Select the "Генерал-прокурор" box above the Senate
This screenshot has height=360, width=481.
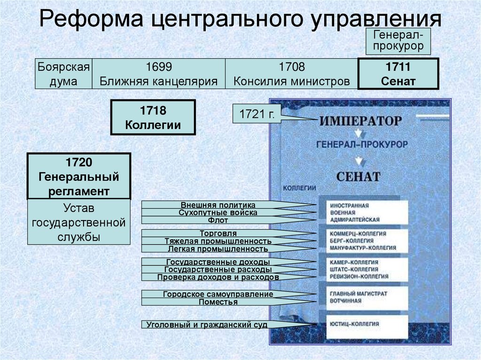(x=398, y=40)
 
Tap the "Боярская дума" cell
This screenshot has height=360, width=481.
(x=64, y=74)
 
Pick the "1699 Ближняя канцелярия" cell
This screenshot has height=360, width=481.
(x=158, y=74)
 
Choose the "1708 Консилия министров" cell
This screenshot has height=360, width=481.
(x=292, y=74)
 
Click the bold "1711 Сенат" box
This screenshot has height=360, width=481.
(x=398, y=74)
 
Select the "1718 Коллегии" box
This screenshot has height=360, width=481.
(x=153, y=118)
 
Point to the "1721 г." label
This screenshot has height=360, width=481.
(x=256, y=114)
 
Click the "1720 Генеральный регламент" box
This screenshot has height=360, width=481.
(x=78, y=176)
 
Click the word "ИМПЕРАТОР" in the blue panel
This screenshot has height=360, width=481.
(x=361, y=121)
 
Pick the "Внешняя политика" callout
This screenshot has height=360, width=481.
(x=218, y=205)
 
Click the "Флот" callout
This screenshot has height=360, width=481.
(x=218, y=220)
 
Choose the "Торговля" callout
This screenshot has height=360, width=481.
(x=218, y=233)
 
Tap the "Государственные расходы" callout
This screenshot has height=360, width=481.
(x=218, y=269)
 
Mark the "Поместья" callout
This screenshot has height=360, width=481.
(x=218, y=302)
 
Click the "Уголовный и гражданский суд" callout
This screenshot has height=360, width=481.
(x=207, y=324)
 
